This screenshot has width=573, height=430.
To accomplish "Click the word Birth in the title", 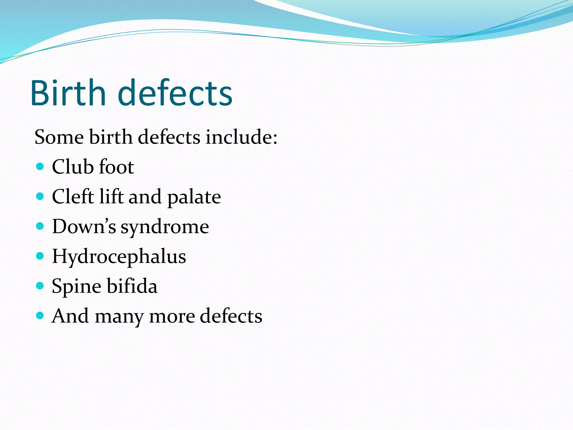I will coord(68,93).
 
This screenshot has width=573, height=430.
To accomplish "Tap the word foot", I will coord(116,167).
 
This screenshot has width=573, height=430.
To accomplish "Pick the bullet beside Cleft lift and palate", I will coord(40,197).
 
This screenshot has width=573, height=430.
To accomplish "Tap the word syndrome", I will coord(165,227).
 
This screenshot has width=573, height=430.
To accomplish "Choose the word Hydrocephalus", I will coord(119,257).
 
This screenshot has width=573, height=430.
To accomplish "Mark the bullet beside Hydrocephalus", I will coord(40,256).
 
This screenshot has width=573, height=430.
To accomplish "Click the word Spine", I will coord(76,287).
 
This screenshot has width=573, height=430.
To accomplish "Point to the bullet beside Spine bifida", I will coord(40,286).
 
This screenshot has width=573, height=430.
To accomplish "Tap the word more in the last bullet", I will coord(172,316).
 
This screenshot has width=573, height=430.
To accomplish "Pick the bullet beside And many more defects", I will coord(40,316).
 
